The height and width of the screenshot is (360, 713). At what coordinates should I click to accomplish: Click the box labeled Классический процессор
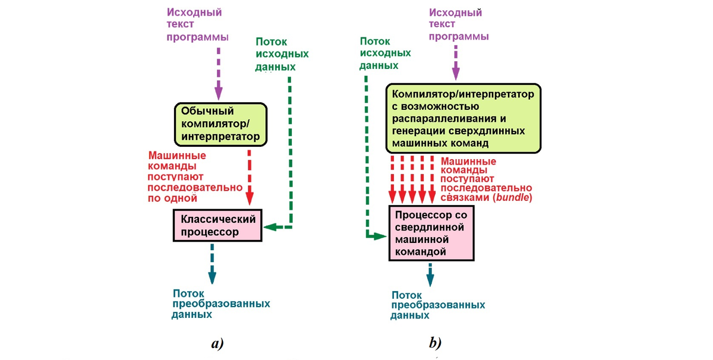click(218, 225)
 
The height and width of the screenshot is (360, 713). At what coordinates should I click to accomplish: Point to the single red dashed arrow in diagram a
click(250, 175)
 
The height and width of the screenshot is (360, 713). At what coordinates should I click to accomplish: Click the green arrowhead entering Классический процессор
click(269, 227)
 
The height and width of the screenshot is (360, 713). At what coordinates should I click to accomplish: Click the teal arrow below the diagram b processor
click(431, 274)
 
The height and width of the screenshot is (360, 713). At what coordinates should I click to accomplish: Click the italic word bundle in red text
click(516, 197)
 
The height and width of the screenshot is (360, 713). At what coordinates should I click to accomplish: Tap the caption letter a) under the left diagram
click(217, 343)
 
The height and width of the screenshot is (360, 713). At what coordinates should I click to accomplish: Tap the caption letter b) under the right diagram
click(435, 343)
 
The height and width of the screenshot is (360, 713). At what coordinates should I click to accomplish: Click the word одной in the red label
click(181, 198)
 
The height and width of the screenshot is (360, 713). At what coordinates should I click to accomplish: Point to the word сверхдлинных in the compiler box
click(501, 132)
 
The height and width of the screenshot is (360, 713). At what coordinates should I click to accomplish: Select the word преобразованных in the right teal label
click(438, 305)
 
